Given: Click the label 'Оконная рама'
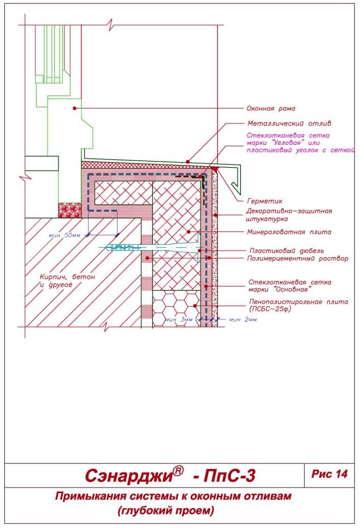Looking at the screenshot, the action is [271, 109].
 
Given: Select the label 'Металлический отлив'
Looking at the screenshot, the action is [290, 123].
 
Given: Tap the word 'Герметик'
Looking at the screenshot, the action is [265, 201].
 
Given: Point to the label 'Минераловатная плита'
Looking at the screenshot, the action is [290, 232].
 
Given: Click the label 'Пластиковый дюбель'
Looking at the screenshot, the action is [287, 251].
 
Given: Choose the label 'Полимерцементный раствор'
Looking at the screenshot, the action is [298, 259].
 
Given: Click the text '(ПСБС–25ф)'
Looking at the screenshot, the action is [270, 309].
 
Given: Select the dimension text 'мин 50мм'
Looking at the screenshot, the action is [64, 235].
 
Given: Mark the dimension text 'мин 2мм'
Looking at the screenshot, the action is [243, 319].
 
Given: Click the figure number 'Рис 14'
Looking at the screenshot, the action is [329, 474].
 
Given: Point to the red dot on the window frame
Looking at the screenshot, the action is [74, 108].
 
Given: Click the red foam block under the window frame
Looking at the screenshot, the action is [70, 210].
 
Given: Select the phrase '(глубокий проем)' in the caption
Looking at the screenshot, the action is [166, 511].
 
